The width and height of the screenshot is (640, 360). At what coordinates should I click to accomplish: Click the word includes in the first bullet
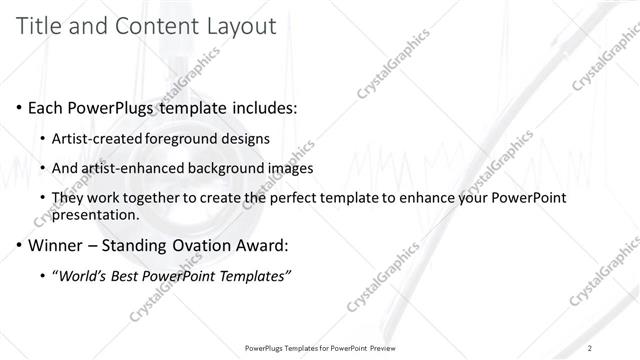(261, 107)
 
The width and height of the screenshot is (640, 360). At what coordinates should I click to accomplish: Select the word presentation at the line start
(96, 214)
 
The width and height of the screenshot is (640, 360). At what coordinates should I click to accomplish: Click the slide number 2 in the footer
(590, 348)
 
